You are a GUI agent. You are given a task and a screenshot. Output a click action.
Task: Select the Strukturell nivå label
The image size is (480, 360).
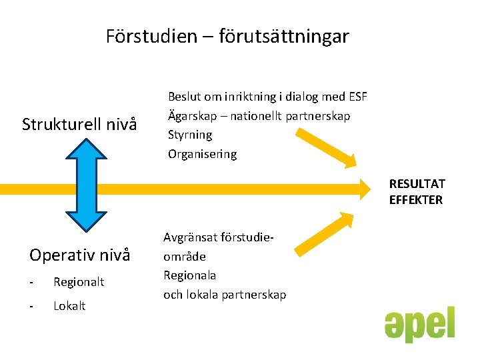79,124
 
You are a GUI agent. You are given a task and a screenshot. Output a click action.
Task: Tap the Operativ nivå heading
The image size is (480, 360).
80,255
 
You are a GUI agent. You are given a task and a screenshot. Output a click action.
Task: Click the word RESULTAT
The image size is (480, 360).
417,184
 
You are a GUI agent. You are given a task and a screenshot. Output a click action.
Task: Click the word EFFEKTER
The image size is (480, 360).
416,200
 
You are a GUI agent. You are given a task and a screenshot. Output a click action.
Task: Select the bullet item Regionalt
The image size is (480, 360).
79,282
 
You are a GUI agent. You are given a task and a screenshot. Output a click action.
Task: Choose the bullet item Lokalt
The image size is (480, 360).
69,306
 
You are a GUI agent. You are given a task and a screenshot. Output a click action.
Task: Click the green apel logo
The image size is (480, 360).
419,325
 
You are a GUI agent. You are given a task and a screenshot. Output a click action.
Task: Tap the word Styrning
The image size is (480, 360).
190,135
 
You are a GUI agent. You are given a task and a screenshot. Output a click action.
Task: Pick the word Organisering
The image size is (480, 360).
202,154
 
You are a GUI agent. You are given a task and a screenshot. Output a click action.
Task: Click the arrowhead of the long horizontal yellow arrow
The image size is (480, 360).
363,188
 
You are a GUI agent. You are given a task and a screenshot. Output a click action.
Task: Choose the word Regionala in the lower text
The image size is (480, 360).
190,275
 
